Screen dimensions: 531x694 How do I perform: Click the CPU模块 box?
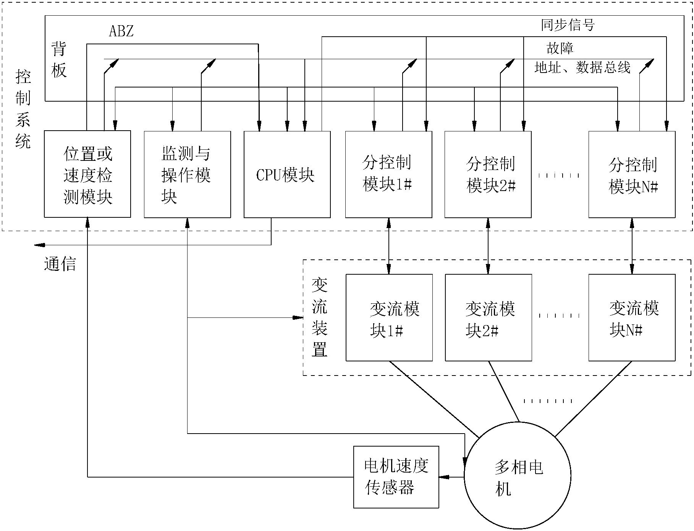(x=287, y=175)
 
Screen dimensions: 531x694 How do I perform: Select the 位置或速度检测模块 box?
(x=87, y=174)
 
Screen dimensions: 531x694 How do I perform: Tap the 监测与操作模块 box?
(x=187, y=174)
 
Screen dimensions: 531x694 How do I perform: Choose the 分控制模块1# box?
(x=388, y=174)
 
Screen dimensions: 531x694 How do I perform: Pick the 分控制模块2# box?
(x=488, y=174)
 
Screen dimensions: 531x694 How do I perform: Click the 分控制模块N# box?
(x=632, y=174)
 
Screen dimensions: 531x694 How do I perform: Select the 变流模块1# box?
(x=389, y=317)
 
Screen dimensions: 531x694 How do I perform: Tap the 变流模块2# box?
(x=488, y=317)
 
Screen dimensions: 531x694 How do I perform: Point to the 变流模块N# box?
(x=632, y=317)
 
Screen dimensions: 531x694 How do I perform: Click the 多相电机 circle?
(x=518, y=476)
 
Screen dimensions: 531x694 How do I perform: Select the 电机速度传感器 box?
(x=396, y=477)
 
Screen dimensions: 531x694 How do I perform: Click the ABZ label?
(x=121, y=31)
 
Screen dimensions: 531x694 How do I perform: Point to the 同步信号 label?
(x=568, y=25)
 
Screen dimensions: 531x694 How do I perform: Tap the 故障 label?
(x=560, y=48)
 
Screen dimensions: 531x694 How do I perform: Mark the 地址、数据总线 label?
(x=582, y=68)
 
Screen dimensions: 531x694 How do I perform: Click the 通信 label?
(x=60, y=264)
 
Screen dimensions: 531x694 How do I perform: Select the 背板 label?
(x=59, y=59)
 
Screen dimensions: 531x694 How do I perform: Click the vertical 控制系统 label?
(x=23, y=109)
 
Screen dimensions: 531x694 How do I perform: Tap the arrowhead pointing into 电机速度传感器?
(x=443, y=477)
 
